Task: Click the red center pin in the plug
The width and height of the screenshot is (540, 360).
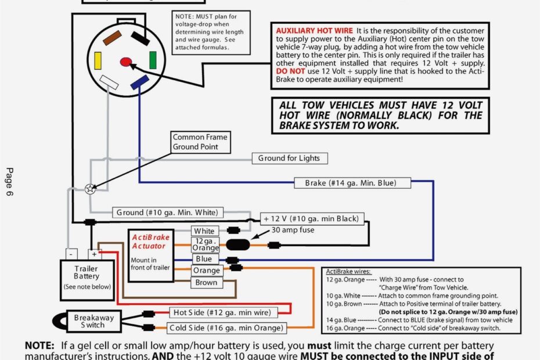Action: (126, 61)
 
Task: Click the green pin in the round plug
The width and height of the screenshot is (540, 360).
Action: (153, 60)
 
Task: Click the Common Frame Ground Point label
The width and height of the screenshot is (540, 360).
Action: (200, 142)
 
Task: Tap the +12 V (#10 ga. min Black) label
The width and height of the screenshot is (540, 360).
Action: (312, 219)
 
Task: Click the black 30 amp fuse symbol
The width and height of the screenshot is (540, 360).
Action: (237, 245)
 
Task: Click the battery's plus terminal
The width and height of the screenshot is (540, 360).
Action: (94, 254)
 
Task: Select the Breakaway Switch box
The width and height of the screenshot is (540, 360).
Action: (93, 321)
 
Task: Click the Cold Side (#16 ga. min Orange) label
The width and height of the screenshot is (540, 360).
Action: (227, 328)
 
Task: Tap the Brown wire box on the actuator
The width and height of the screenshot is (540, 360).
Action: (206, 283)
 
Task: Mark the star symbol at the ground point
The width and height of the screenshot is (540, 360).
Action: (89, 189)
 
